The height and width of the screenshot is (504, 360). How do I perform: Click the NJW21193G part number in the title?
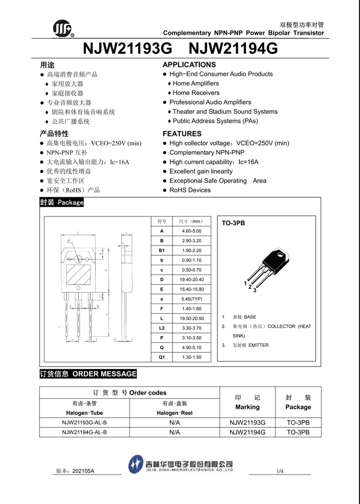[127, 48]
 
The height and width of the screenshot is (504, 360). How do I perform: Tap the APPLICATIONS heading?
[189, 65]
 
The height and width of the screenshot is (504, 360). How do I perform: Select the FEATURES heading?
[182, 134]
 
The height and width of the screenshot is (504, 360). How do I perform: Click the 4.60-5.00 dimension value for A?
[192, 231]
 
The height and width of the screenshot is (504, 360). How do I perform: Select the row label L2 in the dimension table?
[162, 328]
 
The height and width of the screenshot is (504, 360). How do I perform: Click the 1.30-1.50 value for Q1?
[192, 357]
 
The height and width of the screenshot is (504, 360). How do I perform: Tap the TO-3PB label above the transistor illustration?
[233, 223]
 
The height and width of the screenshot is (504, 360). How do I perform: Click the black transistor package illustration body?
[273, 259]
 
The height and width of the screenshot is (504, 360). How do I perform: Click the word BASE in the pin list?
[250, 317]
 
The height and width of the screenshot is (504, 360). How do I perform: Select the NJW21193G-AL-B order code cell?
[84, 422]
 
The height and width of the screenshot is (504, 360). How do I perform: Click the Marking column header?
[247, 407]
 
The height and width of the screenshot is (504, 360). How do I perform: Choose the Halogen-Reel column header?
[175, 413]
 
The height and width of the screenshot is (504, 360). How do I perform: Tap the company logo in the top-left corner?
[63, 28]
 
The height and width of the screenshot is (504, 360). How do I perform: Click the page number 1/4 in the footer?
[280, 471]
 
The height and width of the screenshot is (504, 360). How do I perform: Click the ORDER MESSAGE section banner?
[88, 374]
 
